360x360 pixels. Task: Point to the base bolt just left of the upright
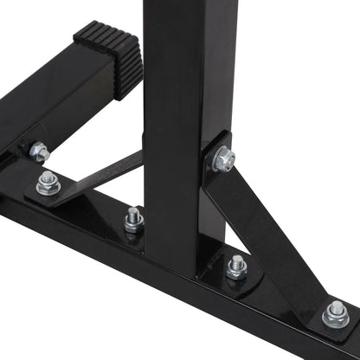point(133,220)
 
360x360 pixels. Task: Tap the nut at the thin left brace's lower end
point(48,183)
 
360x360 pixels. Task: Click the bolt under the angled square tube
point(38,152)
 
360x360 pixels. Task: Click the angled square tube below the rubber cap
point(52,95)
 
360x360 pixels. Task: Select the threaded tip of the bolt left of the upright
point(134,212)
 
